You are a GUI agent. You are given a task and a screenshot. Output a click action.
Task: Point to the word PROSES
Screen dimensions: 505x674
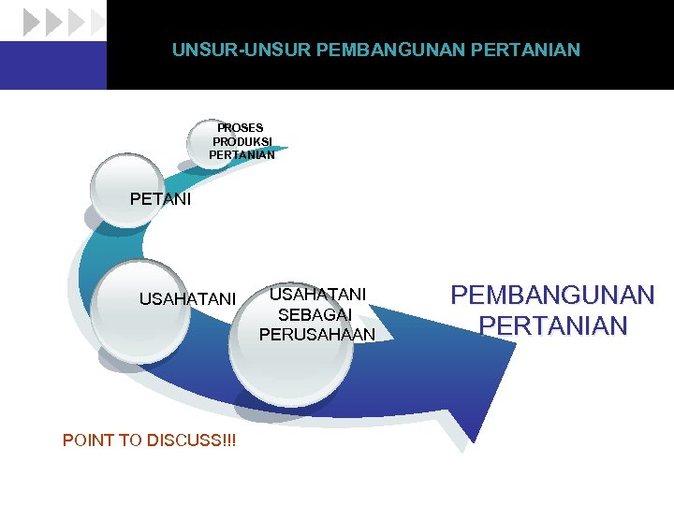(x=241, y=127)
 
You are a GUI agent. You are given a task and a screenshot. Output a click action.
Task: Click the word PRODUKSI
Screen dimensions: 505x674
(x=242, y=141)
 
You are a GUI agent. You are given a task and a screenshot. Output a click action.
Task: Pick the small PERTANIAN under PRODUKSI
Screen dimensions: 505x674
(x=242, y=155)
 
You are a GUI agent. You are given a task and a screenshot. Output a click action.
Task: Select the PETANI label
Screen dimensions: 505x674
(x=160, y=199)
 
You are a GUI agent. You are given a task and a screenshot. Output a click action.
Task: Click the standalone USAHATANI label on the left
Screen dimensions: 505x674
(x=187, y=299)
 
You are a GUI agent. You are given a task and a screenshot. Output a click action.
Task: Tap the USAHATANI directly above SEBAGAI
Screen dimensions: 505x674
(x=317, y=294)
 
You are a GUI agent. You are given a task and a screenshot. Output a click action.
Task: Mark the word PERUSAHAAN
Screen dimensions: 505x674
(x=317, y=334)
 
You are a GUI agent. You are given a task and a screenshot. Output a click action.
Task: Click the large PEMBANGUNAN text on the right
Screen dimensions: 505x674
(x=552, y=296)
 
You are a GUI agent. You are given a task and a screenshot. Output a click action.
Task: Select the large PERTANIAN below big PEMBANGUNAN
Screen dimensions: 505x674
(x=552, y=325)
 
